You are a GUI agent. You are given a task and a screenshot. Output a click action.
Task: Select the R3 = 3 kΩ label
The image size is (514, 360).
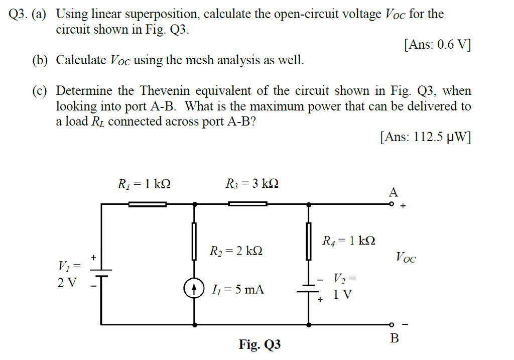point(252,184)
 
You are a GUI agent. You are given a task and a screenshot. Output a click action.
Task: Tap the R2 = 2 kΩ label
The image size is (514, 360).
point(235,250)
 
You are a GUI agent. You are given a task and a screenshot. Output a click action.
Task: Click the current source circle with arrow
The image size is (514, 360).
point(195,289)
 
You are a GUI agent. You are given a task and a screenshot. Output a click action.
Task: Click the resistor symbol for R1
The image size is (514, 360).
point(147,204)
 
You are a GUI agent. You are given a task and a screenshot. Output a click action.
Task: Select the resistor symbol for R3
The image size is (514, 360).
point(248,204)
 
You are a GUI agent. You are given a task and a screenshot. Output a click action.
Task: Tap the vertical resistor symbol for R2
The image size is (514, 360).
point(195,241)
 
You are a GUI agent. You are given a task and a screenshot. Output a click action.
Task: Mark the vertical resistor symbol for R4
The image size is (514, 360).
point(309,241)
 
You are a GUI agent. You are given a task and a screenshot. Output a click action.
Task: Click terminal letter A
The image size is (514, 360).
point(394,192)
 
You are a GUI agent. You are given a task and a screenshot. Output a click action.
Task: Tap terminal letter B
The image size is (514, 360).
point(395,338)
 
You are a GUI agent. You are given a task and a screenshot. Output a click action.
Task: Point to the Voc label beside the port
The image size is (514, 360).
point(406,258)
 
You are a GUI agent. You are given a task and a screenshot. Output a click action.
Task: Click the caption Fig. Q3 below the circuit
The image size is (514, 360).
point(260,345)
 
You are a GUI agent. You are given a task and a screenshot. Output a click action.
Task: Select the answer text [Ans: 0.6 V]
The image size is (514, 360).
point(437,45)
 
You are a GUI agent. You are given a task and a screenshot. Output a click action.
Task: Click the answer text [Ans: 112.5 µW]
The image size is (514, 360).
point(426,137)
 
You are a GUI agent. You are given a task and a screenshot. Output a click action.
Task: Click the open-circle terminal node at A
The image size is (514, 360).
point(392,204)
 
